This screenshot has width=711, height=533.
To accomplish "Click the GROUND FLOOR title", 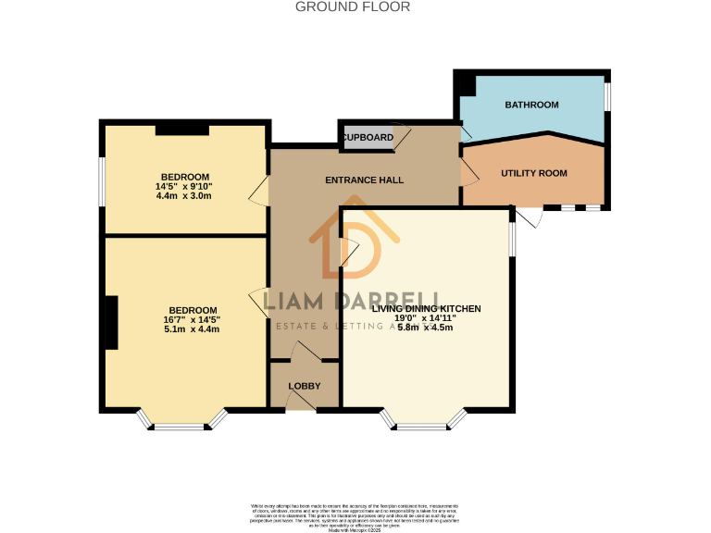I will (x=352, y=6).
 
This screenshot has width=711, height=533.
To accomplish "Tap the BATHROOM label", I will (x=531, y=105).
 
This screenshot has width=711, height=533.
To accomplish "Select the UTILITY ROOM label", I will (x=533, y=173).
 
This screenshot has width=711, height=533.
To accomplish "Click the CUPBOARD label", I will (x=368, y=138).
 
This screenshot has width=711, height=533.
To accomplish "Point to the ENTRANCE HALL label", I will (x=364, y=180).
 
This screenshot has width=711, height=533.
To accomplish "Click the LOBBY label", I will (x=304, y=386).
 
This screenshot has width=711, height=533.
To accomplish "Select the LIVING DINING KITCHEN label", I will (x=426, y=308).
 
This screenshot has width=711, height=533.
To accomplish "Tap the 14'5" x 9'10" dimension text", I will (x=184, y=186).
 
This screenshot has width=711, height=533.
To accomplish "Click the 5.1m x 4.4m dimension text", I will (x=192, y=328).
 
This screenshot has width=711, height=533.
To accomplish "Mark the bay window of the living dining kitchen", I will (x=425, y=422).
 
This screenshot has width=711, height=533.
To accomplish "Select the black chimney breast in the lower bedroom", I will (x=111, y=322).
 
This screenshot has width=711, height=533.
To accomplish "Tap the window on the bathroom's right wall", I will (x=607, y=96).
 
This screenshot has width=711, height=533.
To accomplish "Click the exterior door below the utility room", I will (x=528, y=217).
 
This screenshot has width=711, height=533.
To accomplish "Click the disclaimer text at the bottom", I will (x=355, y=514).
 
